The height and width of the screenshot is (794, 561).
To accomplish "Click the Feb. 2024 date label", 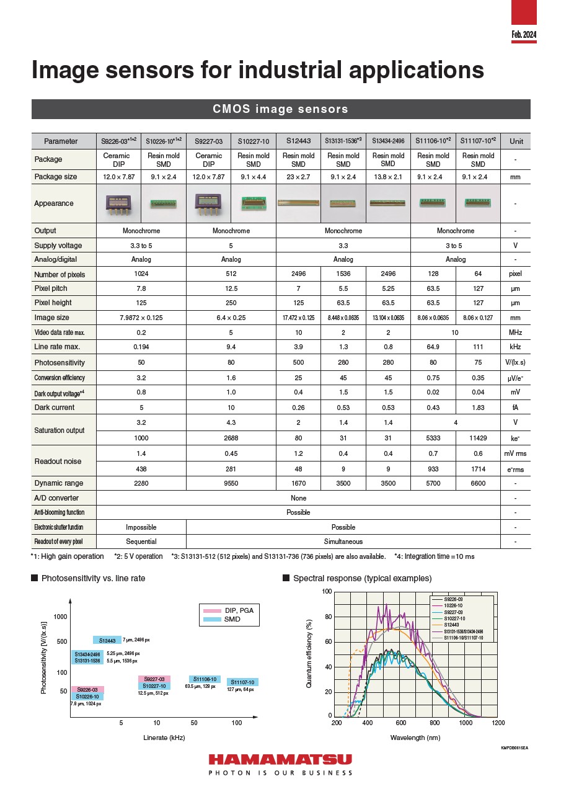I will (x=524, y=35).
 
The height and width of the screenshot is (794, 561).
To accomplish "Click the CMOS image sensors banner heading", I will (x=280, y=109).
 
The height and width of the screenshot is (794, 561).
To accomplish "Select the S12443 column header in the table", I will (x=298, y=141).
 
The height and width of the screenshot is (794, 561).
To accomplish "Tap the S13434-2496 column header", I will (x=388, y=141).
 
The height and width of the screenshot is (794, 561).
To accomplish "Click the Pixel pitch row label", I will (x=51, y=288).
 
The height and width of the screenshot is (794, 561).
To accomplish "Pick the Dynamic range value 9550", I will (x=231, y=483).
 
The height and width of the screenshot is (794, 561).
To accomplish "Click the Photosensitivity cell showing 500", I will (x=298, y=363).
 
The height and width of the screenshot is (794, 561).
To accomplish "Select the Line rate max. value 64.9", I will (x=433, y=347).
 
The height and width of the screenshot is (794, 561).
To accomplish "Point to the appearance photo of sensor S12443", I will (x=298, y=203).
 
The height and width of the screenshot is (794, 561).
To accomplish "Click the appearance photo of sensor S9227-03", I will (x=208, y=203).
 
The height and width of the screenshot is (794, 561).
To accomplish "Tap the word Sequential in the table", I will (x=141, y=542).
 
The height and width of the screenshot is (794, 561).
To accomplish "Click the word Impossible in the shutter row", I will (x=141, y=527).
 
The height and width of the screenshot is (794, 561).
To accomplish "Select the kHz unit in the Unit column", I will (x=515, y=347).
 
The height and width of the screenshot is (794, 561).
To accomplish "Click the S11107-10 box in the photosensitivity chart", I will (x=242, y=682).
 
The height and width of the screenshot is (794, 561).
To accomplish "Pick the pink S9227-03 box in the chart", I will (x=154, y=679).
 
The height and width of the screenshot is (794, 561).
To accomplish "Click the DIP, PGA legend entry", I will (x=239, y=610).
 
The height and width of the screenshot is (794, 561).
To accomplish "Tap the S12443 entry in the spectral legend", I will (x=454, y=625).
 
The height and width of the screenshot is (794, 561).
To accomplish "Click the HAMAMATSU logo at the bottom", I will (x=280, y=760).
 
